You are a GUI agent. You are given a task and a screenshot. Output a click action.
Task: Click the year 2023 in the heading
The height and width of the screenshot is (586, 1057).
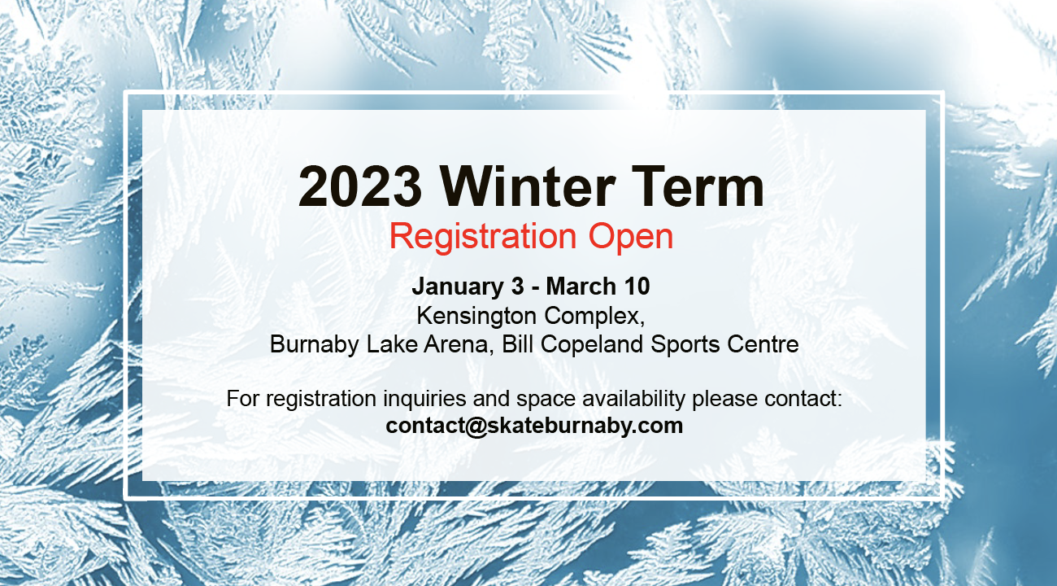point(360,186)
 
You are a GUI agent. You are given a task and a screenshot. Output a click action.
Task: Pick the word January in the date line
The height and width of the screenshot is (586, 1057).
point(458,287)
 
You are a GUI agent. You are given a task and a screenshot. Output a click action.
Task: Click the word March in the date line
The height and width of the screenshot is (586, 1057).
point(581,286)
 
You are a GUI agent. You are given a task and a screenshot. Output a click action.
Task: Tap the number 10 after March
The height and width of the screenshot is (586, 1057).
point(637,286)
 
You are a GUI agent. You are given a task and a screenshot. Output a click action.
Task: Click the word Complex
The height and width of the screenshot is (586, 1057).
point(594,316)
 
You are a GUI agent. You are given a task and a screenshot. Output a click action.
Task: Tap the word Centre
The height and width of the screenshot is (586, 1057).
point(763,344)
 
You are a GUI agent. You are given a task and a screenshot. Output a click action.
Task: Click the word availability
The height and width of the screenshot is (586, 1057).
point(633,399)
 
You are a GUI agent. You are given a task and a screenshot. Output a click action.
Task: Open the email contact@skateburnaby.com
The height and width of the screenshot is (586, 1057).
point(534,426)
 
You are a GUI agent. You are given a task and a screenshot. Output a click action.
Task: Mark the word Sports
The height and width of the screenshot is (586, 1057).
point(685,345)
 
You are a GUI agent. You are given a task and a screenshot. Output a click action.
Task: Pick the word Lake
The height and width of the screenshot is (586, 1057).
point(392,344)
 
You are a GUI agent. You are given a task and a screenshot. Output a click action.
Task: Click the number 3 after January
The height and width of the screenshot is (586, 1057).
point(518,286)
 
